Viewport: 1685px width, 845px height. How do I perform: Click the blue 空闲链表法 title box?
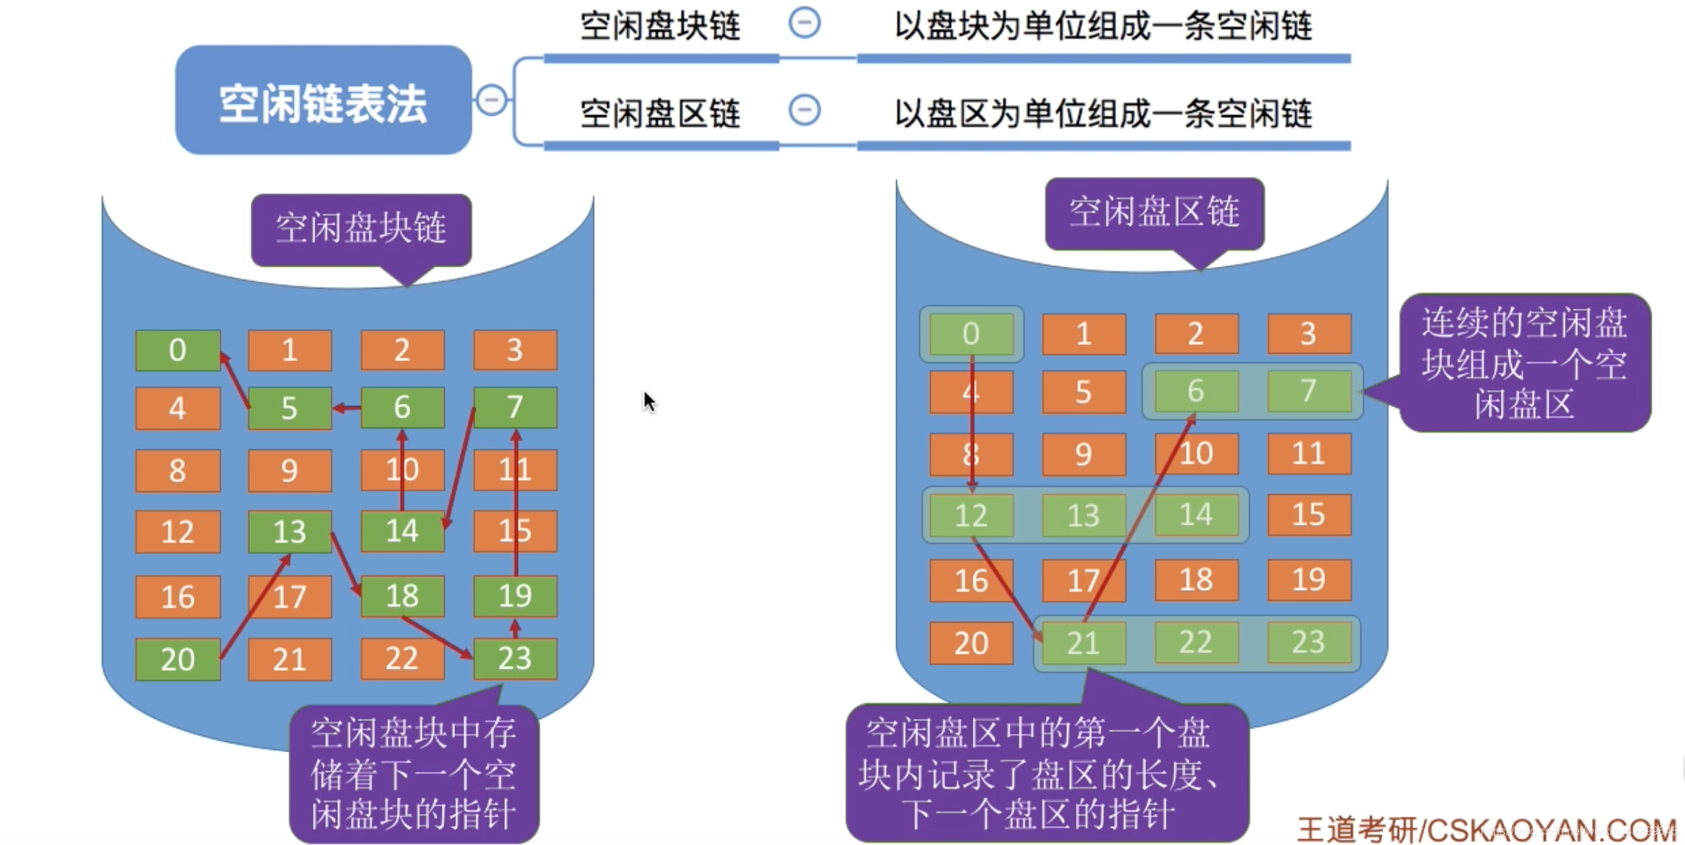(x=323, y=101)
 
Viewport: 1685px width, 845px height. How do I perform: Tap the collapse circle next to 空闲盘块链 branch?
(x=804, y=22)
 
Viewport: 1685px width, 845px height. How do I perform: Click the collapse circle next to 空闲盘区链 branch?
(x=804, y=110)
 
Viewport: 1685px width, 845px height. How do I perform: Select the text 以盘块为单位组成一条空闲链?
(x=1103, y=26)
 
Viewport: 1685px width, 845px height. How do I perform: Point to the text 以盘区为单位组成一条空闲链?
(x=1103, y=114)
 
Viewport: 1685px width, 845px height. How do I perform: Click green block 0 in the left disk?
(x=177, y=350)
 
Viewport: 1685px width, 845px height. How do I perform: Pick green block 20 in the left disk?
(x=177, y=659)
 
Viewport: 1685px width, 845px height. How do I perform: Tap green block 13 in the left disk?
(x=290, y=531)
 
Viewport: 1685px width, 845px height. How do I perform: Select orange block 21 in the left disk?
(x=290, y=659)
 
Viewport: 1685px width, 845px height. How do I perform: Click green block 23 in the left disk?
(x=515, y=658)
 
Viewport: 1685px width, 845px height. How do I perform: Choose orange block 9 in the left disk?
(x=290, y=470)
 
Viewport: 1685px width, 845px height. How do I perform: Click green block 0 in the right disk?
(x=971, y=333)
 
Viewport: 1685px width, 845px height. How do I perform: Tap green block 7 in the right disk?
(x=1308, y=391)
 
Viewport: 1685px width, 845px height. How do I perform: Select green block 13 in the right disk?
(x=1083, y=515)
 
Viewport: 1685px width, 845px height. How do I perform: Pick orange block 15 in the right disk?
(x=1308, y=515)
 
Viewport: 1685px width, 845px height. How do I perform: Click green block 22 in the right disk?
(x=1195, y=642)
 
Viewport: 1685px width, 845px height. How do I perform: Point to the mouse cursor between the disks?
(x=649, y=401)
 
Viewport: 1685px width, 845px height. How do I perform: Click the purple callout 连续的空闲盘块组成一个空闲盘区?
(x=1524, y=362)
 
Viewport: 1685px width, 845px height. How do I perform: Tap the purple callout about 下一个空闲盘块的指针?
(x=414, y=773)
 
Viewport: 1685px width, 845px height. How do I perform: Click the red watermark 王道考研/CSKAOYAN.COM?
(x=1485, y=829)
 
